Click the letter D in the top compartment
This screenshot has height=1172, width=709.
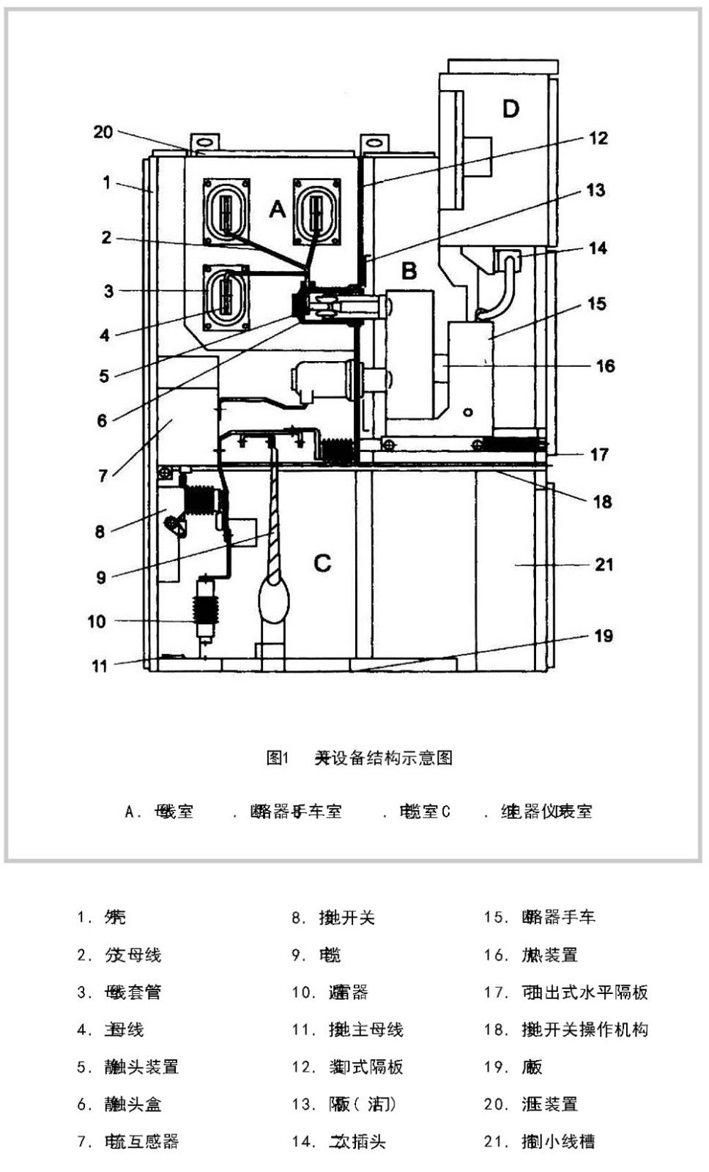point(511,109)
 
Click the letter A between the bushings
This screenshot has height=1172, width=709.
point(277,209)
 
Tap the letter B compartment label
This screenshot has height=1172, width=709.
point(409,271)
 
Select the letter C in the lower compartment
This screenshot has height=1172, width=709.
point(322,563)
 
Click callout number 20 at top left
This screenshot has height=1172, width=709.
point(103,132)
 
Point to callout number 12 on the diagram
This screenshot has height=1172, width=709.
point(598,138)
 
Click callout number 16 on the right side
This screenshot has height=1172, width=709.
point(605,366)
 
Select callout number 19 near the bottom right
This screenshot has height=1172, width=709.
point(603,635)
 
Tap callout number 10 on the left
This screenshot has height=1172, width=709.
point(97,621)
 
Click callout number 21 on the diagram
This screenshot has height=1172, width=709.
point(604,564)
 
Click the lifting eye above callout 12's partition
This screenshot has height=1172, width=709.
point(374,142)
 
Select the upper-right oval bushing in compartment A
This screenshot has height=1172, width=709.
point(316,211)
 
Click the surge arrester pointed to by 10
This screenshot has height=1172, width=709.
point(204,610)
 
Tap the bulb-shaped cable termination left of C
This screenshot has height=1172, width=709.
point(275,597)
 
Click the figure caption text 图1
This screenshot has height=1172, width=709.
point(278,757)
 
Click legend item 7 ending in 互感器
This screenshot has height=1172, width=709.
point(141,1141)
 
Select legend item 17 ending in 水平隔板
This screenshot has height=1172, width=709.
point(584,993)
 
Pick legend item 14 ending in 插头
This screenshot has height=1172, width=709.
point(357,1141)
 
